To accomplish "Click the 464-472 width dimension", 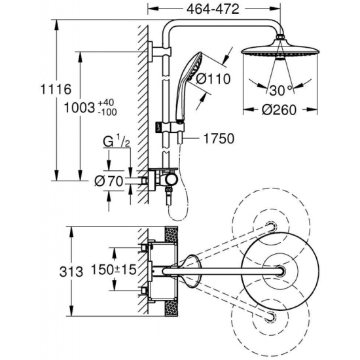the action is tap(213, 9).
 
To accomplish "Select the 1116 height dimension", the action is tap(56, 89).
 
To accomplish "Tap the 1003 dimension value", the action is tap(80, 107).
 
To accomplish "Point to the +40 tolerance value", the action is tap(106, 102).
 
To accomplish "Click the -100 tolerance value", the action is tap(107, 112).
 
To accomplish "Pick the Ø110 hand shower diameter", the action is tap(213, 79).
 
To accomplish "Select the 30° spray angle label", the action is tap(281, 90).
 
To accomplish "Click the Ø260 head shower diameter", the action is tap(279, 110).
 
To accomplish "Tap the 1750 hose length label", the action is tap(219, 139).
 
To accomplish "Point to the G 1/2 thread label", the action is tap(117, 142).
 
